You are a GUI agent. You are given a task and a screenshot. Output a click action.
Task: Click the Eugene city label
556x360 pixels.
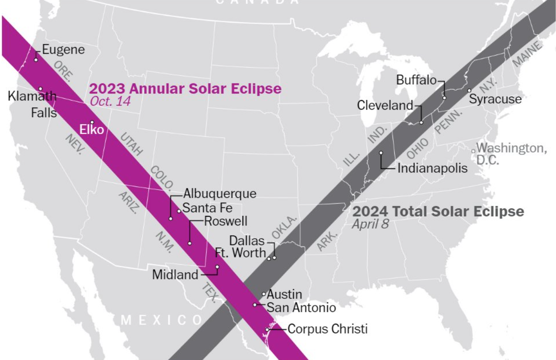[63, 49]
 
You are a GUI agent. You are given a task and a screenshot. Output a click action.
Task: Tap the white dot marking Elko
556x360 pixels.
[92, 122]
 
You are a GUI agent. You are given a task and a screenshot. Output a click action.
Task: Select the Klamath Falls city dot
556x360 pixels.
[40, 89]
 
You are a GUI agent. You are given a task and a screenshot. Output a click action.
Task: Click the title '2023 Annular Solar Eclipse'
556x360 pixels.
[185, 89]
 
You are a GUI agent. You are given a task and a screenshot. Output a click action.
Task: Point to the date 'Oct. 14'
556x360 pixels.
[111, 101]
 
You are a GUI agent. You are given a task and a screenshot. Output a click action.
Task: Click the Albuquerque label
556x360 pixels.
[220, 194]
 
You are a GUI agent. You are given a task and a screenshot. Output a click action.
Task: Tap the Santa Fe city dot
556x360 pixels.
[179, 211]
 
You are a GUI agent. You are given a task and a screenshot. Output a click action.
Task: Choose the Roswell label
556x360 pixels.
[226, 221]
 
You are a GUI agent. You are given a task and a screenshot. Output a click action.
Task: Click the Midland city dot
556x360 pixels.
[217, 267]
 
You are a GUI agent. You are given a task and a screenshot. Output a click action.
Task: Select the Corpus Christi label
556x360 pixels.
[327, 329]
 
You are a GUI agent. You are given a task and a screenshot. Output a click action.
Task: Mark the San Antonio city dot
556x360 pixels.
[255, 305]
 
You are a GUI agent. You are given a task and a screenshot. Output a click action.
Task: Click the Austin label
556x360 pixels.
[284, 294]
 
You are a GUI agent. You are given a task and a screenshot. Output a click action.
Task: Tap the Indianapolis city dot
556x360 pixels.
[381, 153]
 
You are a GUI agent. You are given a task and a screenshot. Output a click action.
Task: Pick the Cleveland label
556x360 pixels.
[385, 105]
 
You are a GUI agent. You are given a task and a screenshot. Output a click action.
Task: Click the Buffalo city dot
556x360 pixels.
[445, 97]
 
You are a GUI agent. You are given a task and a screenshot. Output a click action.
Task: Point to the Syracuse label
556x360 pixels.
[495, 99]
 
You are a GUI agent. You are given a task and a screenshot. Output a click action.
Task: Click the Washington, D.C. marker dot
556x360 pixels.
[473, 151]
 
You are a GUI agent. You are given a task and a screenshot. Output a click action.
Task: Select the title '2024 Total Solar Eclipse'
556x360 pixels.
[438, 211]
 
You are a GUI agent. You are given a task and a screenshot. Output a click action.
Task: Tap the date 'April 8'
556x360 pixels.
[370, 224]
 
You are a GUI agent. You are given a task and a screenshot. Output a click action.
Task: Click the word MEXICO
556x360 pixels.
[162, 320]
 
